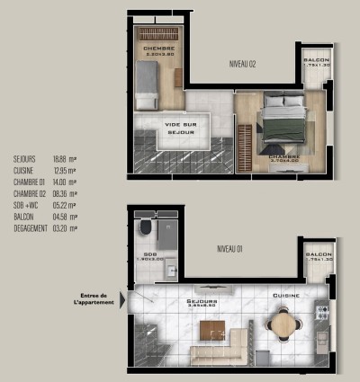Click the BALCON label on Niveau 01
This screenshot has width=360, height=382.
click(x=319, y=254)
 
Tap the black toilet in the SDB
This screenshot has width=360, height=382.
click(x=144, y=230)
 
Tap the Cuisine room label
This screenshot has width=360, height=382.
click(x=286, y=295)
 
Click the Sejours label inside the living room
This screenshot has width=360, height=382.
click(x=201, y=301)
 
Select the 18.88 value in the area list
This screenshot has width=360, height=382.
click(x=59, y=157)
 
